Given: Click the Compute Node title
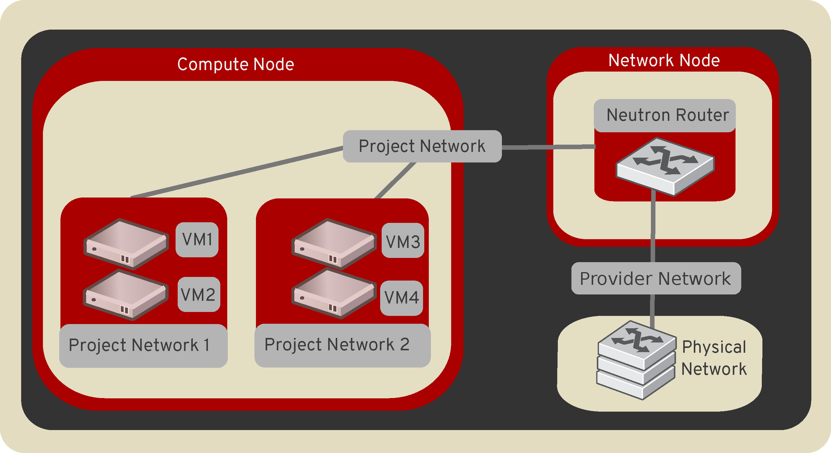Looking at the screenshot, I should coord(235,64).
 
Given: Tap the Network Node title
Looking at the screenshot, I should coord(664,60).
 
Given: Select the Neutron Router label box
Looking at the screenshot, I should coord(664,115).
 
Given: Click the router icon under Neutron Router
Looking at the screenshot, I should coord(665,166).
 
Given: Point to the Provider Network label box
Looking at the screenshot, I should coord(656,278).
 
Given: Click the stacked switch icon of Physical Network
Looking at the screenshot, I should coord(636,359).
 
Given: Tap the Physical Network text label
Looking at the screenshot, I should coord(713,358).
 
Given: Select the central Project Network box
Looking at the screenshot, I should coord(422,146).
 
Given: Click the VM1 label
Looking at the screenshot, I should coord(197,239).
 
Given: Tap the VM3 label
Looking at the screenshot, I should coord(403,241).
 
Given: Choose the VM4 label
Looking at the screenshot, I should coord(401,297).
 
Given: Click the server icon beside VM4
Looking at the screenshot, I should coord(334,293).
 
